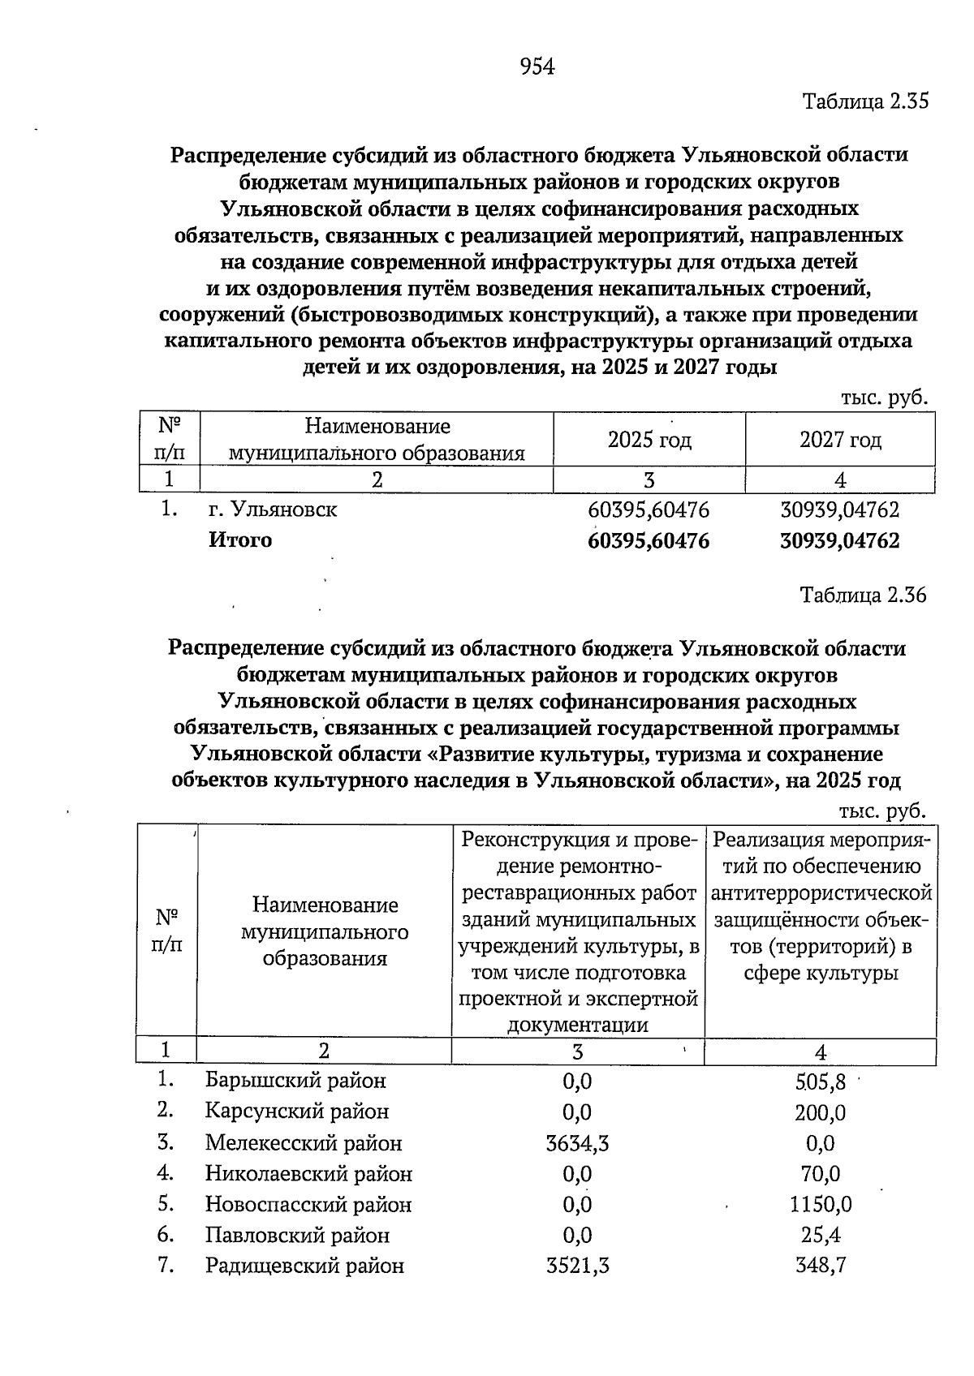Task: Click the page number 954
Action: (x=537, y=67)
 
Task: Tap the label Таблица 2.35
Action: (x=864, y=102)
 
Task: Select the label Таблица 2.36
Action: (x=863, y=596)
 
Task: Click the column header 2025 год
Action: (x=649, y=440)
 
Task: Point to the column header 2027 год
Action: (x=840, y=440)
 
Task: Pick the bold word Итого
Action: (x=240, y=540)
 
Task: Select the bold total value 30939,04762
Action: (x=839, y=541)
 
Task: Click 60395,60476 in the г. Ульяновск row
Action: (x=648, y=510)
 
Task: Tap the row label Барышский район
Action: (x=295, y=1081)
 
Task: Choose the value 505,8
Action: (x=820, y=1082)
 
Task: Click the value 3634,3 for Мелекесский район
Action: (x=577, y=1144)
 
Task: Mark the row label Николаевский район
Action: (x=308, y=1174)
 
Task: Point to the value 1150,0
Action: (x=820, y=1206)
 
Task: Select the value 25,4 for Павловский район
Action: (x=820, y=1236)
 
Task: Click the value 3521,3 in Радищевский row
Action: (x=577, y=1266)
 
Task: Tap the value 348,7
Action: (x=820, y=1266)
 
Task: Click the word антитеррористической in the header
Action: (x=821, y=894)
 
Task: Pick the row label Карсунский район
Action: (x=296, y=1112)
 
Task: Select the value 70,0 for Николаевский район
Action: (x=820, y=1174)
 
